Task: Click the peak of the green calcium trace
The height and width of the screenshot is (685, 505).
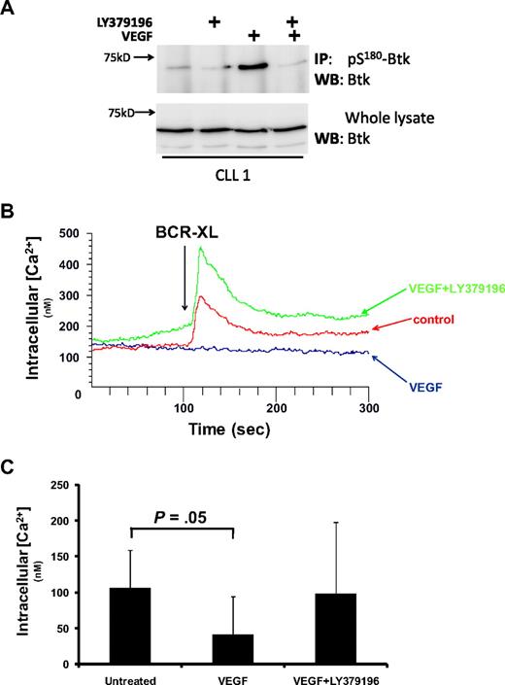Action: pyautogui.click(x=200, y=249)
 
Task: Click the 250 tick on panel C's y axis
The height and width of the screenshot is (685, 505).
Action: pyautogui.click(x=71, y=485)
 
